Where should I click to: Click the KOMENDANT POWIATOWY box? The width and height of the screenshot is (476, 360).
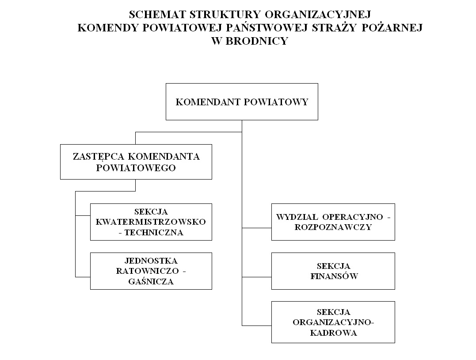(242, 102)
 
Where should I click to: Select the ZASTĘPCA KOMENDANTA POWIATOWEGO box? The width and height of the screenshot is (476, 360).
(136, 162)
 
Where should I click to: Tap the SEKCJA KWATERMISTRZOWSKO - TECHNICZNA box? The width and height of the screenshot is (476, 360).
(151, 222)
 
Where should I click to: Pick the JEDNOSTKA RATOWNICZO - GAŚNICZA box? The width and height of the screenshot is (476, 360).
(151, 271)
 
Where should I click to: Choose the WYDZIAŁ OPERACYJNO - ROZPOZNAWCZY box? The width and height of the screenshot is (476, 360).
(333, 222)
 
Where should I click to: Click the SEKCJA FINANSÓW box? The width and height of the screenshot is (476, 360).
(333, 271)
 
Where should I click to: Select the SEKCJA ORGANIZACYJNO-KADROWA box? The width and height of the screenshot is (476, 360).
(333, 322)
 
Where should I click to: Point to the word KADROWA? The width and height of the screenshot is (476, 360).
(334, 333)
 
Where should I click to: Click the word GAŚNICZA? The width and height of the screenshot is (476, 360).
(151, 281)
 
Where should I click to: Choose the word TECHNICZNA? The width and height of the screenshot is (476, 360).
(153, 232)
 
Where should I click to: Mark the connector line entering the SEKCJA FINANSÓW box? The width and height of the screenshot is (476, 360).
(257, 277)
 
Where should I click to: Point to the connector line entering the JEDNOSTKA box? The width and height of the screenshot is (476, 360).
(83, 277)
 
